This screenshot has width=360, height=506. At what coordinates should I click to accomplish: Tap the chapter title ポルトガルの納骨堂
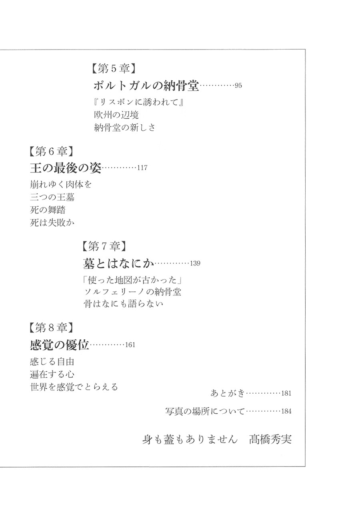[146, 86]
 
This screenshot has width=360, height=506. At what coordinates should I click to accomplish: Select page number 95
[238, 86]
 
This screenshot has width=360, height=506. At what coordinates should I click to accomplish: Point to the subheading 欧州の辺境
[116, 115]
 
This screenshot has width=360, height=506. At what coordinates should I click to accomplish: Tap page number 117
[142, 168]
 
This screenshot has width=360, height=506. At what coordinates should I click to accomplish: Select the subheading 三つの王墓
[52, 197]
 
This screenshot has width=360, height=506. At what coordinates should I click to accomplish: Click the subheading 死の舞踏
[48, 210]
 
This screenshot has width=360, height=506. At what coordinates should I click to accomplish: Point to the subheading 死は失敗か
[52, 223]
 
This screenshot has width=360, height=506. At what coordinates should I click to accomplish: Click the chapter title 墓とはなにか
[118, 264]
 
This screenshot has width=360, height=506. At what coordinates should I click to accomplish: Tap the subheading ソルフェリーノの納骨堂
[132, 292]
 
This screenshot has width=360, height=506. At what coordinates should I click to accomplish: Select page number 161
[130, 345]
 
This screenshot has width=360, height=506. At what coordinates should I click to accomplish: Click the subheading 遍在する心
[52, 375]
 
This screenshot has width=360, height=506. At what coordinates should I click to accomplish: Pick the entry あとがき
[228, 393]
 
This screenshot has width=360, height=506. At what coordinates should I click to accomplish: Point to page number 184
[286, 411]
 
